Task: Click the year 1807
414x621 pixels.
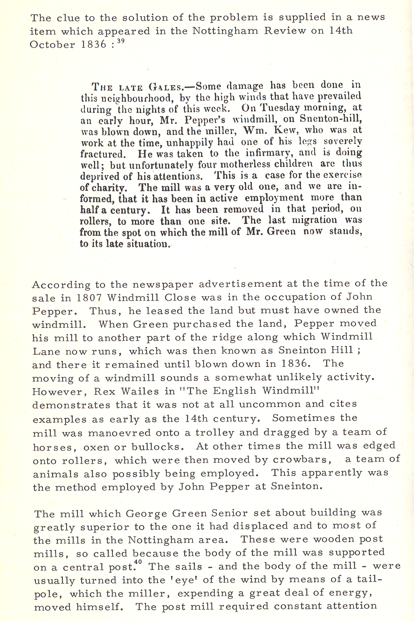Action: pos(90,298)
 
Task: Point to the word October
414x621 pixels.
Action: pos(52,45)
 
